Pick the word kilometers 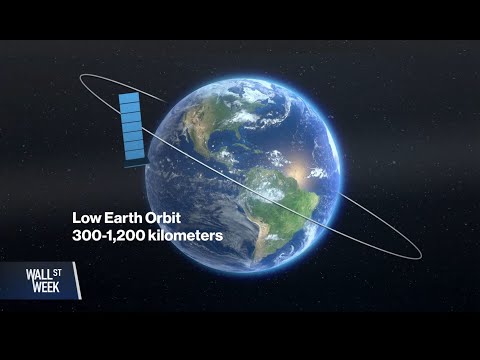point(186,238)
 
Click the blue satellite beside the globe point(130,127)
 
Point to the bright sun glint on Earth point(300,160)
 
